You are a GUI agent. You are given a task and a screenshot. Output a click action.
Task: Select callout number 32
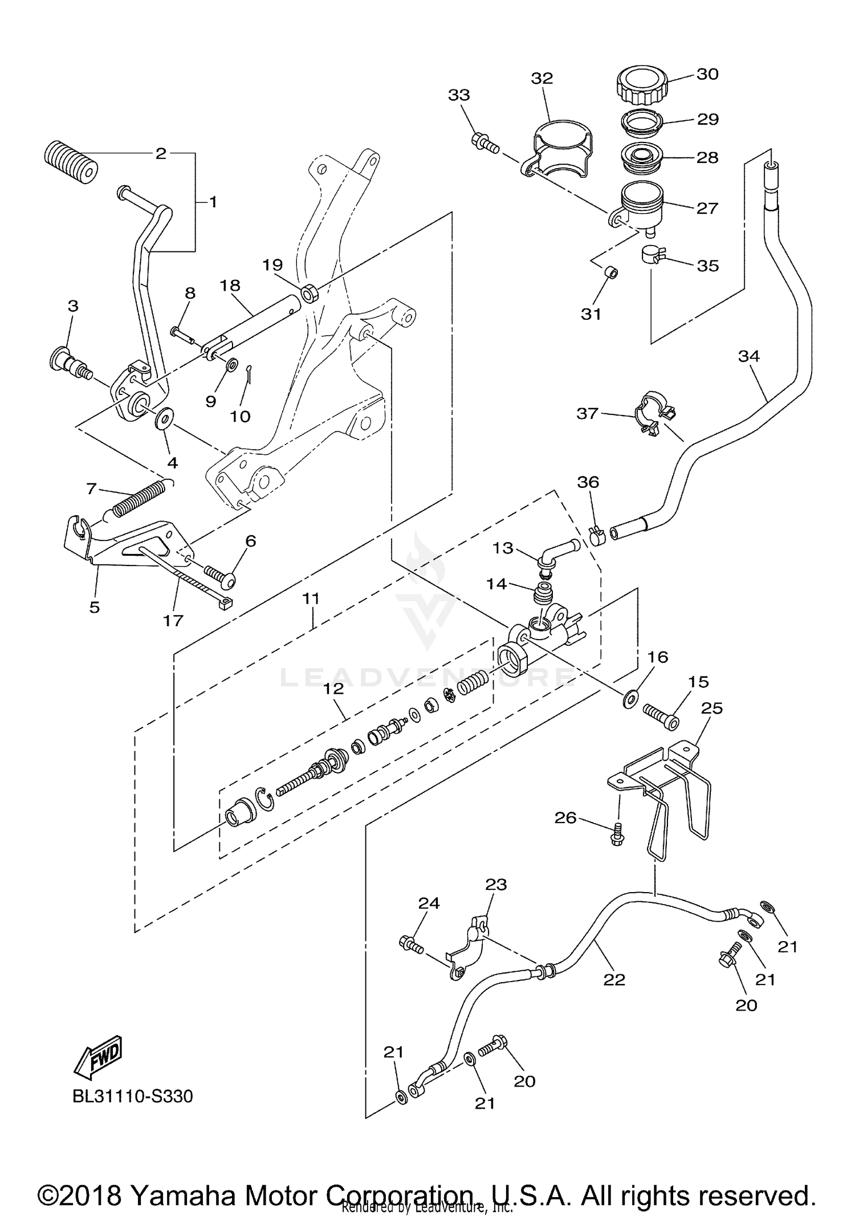click(x=541, y=78)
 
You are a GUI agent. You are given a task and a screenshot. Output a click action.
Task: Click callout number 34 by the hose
click(x=748, y=356)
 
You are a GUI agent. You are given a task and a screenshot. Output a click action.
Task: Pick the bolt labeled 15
click(x=661, y=716)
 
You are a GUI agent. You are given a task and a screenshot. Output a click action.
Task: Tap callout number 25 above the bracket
click(x=711, y=708)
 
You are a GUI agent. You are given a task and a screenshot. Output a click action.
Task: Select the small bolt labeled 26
click(x=616, y=838)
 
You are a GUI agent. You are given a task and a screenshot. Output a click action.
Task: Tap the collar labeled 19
click(x=309, y=294)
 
